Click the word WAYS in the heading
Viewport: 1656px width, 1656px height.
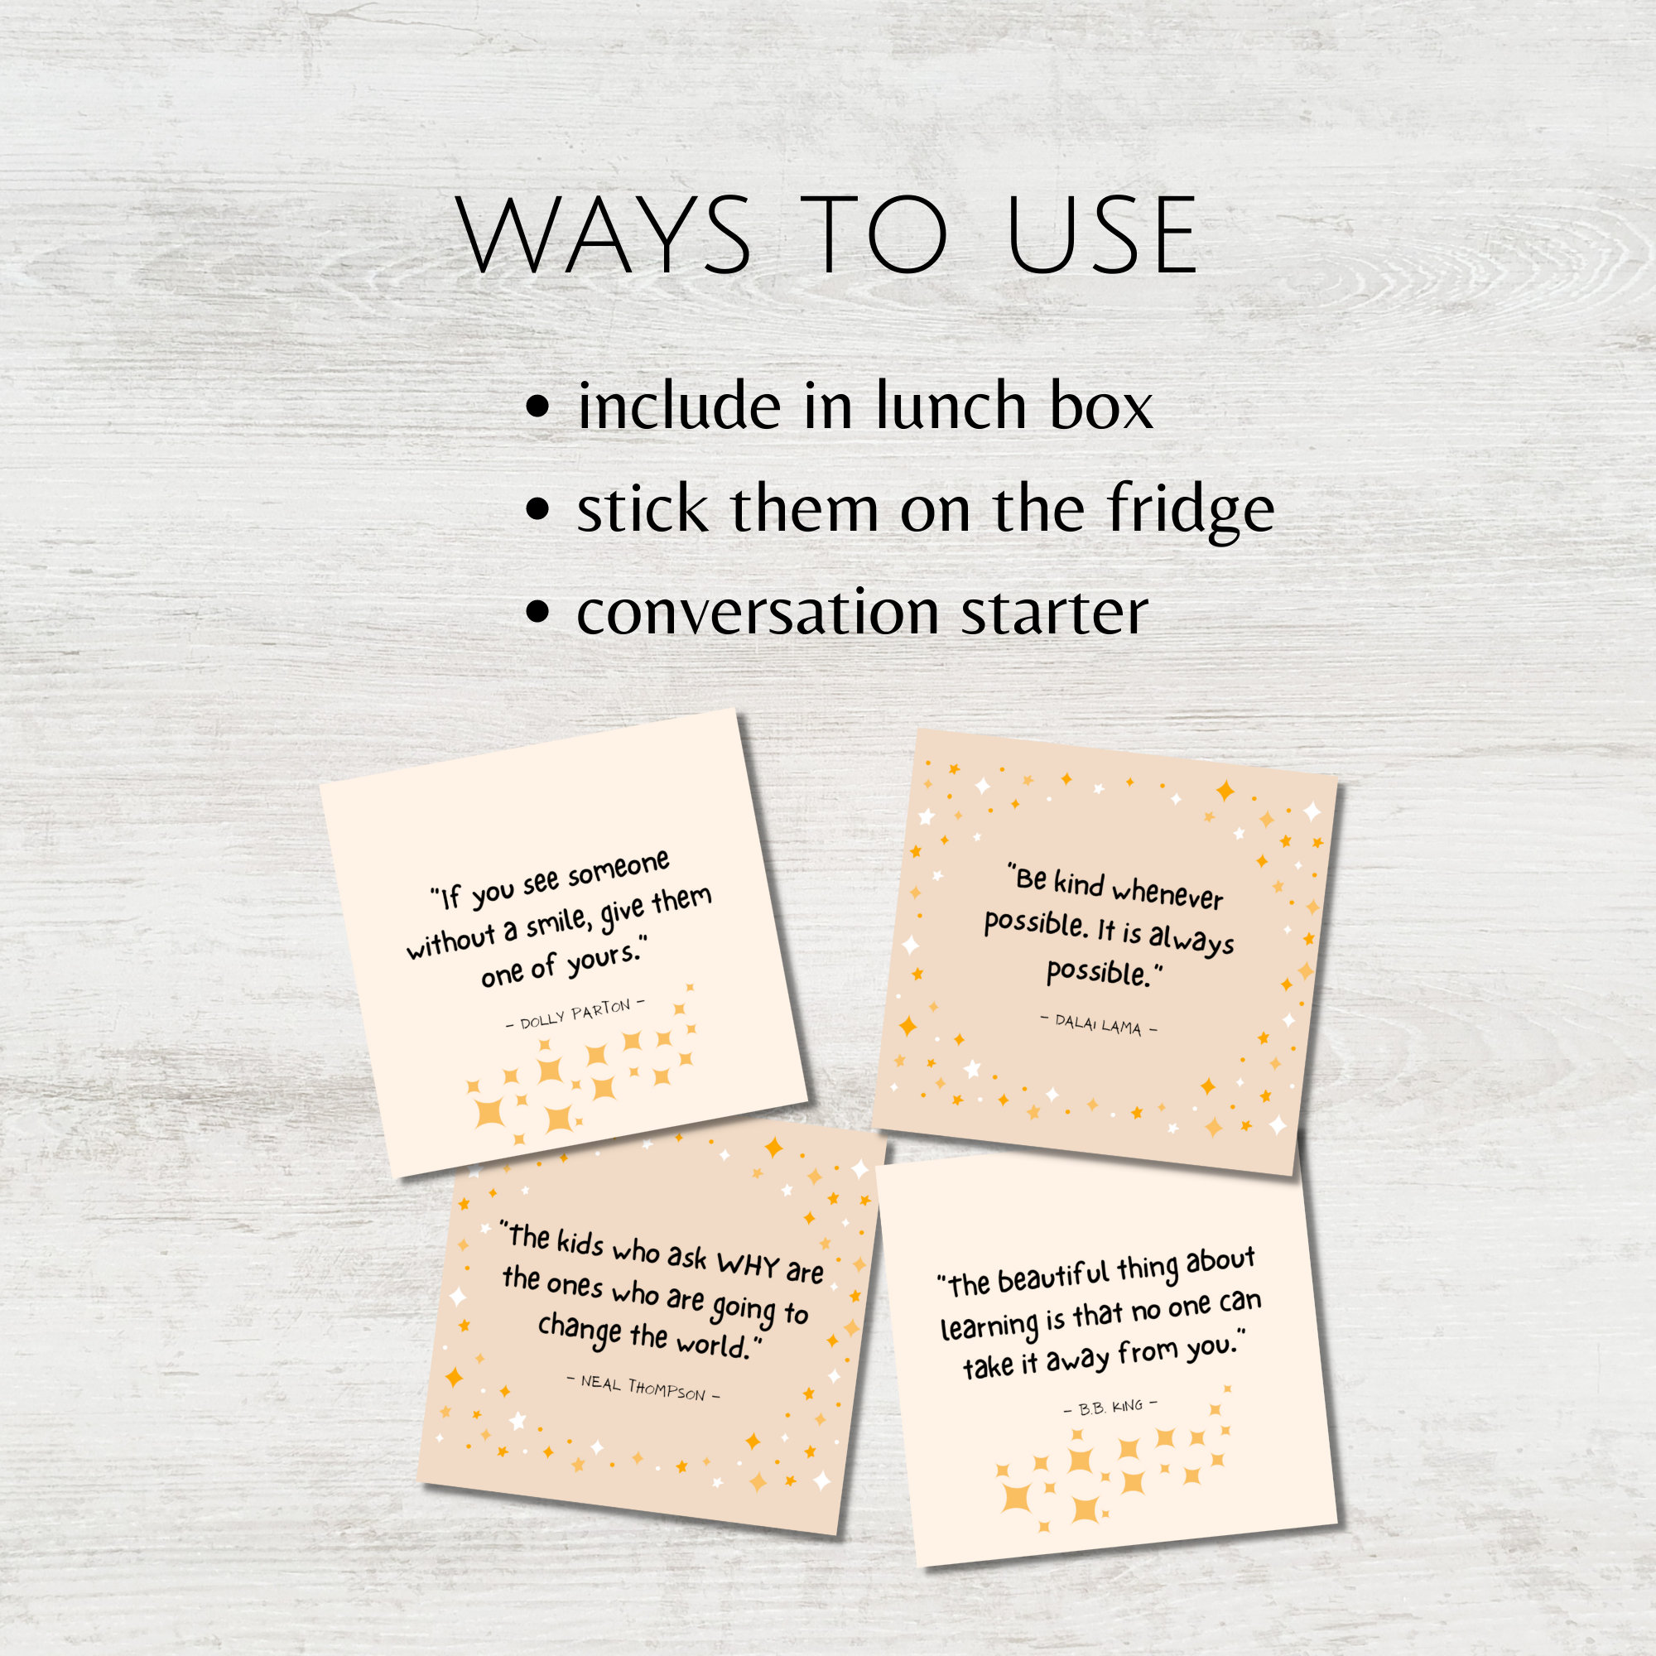point(605,235)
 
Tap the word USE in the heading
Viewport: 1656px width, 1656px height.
point(1102,235)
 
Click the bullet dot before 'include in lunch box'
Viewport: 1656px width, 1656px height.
point(537,406)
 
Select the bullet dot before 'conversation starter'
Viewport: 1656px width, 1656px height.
point(537,612)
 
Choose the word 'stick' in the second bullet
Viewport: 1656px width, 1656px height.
point(643,509)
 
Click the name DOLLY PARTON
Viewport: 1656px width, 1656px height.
point(575,1013)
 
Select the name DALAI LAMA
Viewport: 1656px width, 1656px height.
point(1098,1023)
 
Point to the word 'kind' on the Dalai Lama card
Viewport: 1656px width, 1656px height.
point(1078,883)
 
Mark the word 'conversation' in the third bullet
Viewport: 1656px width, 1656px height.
point(758,613)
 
